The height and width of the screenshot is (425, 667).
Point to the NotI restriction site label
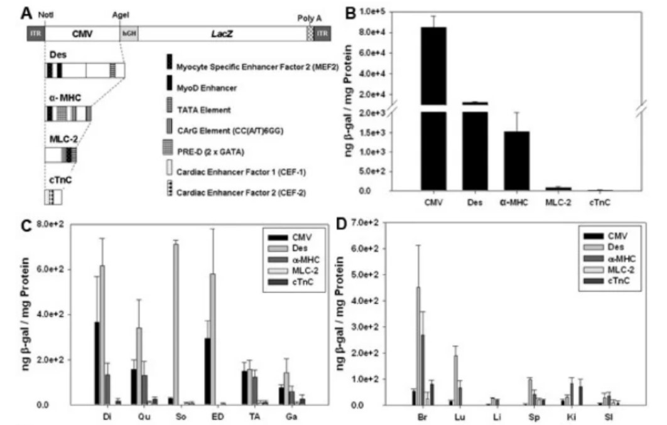(46, 13)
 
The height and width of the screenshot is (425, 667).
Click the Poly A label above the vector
(310, 19)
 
